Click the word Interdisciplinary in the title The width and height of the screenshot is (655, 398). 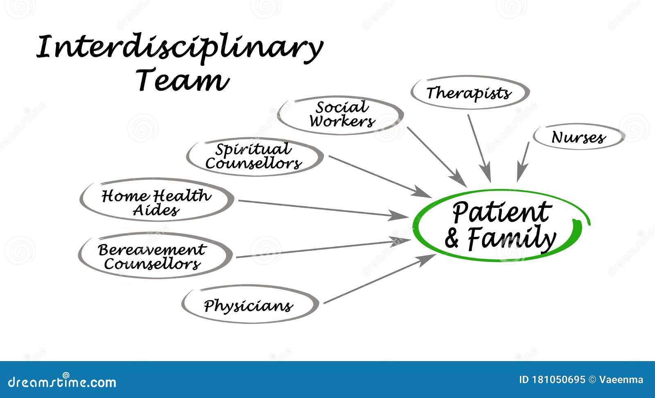point(180,48)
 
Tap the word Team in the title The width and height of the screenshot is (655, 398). point(182,80)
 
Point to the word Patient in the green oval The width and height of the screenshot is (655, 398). point(502,212)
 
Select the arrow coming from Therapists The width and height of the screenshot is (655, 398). point(479,148)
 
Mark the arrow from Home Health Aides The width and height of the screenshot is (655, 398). point(323,209)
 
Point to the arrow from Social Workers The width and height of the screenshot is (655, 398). point(437,157)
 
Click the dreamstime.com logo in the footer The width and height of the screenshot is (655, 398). point(62,381)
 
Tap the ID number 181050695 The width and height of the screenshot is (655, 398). point(558,380)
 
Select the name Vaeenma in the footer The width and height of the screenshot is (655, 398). point(621,380)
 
